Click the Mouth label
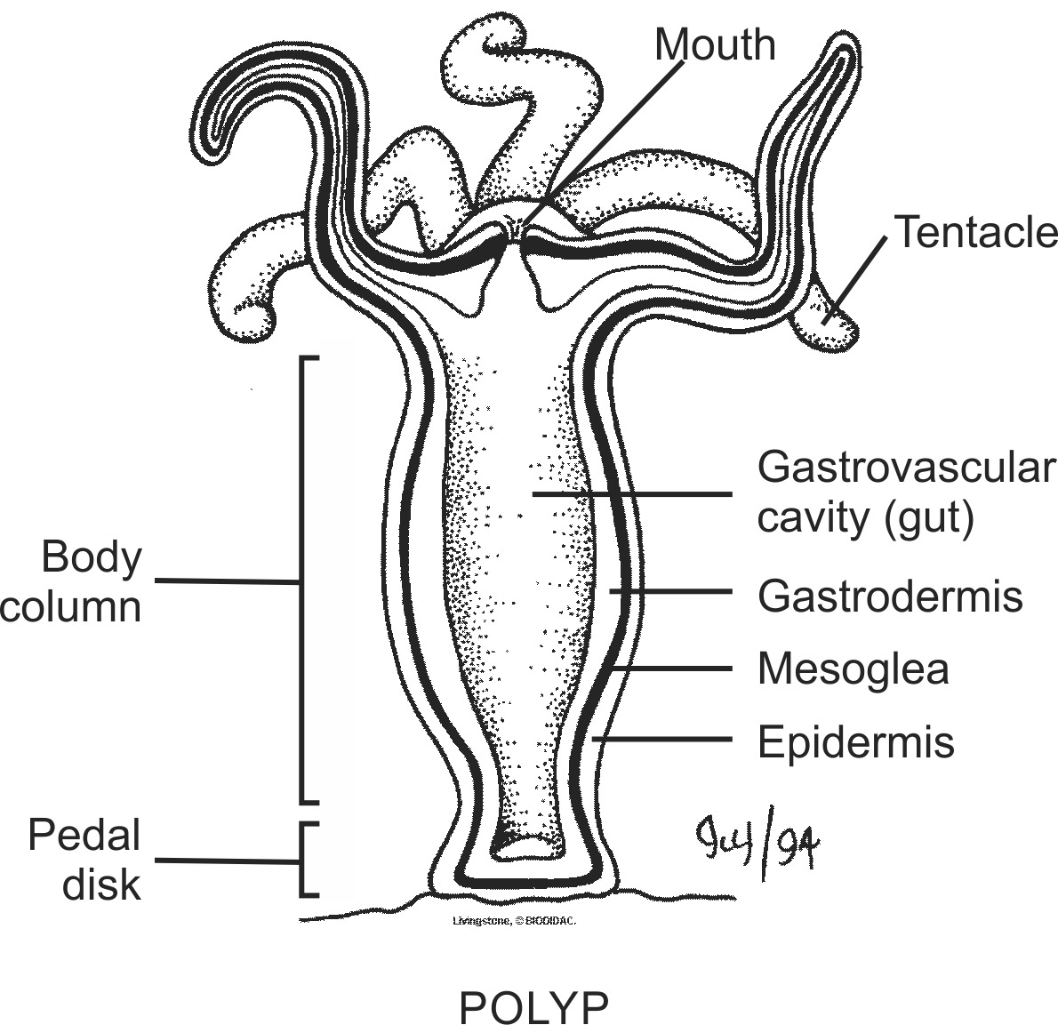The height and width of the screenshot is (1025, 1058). coord(715,44)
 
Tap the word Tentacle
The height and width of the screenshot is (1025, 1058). coord(975,232)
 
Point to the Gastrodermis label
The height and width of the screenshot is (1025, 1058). coord(890,596)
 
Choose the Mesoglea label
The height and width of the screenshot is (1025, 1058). coord(853,669)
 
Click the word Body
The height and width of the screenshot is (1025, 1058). coord(92,557)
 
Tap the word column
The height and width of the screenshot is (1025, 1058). coord(71,607)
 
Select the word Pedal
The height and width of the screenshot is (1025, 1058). coord(84,836)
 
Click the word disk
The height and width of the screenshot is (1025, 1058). coord(101,885)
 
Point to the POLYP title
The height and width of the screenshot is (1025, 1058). coord(533,1006)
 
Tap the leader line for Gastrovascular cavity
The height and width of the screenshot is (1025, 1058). coord(631,493)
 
